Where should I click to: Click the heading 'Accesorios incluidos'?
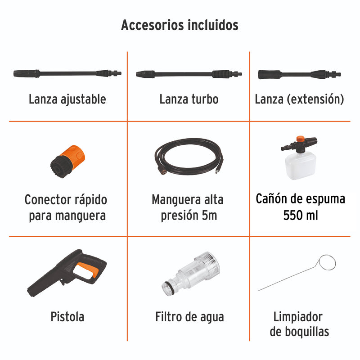[x=180, y=25]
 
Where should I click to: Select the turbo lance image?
[x=189, y=73]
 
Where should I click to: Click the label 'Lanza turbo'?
[x=189, y=99]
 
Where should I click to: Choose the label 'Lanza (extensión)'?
[x=299, y=99]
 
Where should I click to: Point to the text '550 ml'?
[x=301, y=215]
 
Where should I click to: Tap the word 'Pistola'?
[x=67, y=316]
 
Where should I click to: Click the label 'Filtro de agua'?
[x=189, y=316]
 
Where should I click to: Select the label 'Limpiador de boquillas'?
[x=299, y=324]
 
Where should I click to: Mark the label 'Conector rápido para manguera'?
[x=67, y=207]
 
